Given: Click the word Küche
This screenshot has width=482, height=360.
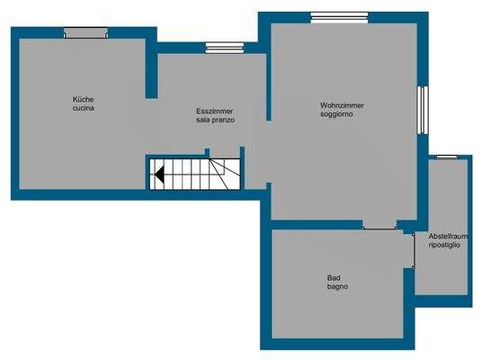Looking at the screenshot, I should (x=84, y=99).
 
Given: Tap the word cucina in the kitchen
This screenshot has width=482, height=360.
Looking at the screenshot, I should (x=84, y=109).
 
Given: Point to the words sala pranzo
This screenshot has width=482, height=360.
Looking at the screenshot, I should (x=215, y=120).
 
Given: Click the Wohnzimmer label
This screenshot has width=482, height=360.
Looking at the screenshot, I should (x=342, y=106).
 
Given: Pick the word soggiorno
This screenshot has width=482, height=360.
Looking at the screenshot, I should (x=342, y=115).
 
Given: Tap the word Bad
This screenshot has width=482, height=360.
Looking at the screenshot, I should (x=334, y=277).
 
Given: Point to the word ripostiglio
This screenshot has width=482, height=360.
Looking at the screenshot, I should (x=446, y=244).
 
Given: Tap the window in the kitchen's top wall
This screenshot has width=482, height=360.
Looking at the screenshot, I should (x=86, y=33).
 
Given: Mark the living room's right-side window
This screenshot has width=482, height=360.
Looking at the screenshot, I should (x=422, y=110).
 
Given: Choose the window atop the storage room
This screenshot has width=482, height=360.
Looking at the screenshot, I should (x=447, y=157).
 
